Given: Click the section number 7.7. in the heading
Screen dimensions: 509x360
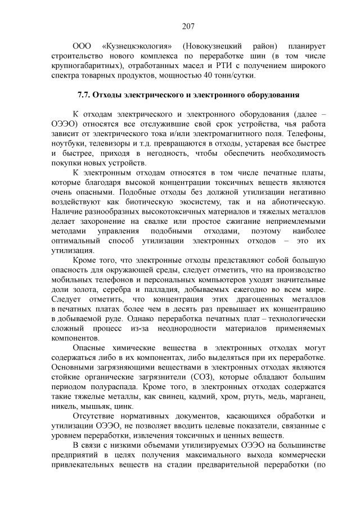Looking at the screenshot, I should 85,94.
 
